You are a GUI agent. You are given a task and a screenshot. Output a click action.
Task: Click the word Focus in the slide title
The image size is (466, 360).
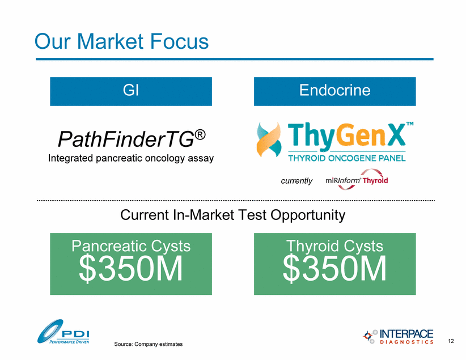179,41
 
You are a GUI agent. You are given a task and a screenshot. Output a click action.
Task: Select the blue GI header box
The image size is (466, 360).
131,91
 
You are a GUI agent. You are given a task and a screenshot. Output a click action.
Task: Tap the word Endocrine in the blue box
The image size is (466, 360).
334,90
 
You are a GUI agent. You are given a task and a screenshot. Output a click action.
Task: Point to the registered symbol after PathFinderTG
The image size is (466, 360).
200,135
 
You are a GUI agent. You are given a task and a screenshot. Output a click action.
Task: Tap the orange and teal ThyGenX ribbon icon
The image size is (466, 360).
269,139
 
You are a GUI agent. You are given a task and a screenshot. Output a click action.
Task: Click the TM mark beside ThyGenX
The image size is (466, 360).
410,124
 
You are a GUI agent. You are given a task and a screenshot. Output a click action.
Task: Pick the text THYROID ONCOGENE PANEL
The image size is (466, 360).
347,158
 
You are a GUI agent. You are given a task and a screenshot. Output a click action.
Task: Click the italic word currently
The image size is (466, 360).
296,181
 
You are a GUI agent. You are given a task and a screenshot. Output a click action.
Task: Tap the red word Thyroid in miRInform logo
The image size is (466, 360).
375,180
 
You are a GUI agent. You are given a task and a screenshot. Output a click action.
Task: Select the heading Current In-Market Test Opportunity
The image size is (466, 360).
232,215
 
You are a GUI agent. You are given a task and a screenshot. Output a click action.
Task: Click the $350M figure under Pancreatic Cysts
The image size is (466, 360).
131,269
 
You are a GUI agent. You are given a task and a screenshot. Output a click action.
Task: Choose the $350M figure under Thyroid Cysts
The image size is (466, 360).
334,269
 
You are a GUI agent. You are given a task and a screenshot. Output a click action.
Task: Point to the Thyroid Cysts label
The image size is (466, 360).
334,246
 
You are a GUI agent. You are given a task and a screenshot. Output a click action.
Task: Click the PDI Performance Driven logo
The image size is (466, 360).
63,332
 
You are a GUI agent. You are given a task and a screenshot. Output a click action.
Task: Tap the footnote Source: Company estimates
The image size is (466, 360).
149,344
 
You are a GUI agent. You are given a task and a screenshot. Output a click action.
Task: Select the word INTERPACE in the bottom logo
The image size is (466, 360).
406,334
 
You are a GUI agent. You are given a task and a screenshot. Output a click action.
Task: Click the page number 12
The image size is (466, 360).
451,341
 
